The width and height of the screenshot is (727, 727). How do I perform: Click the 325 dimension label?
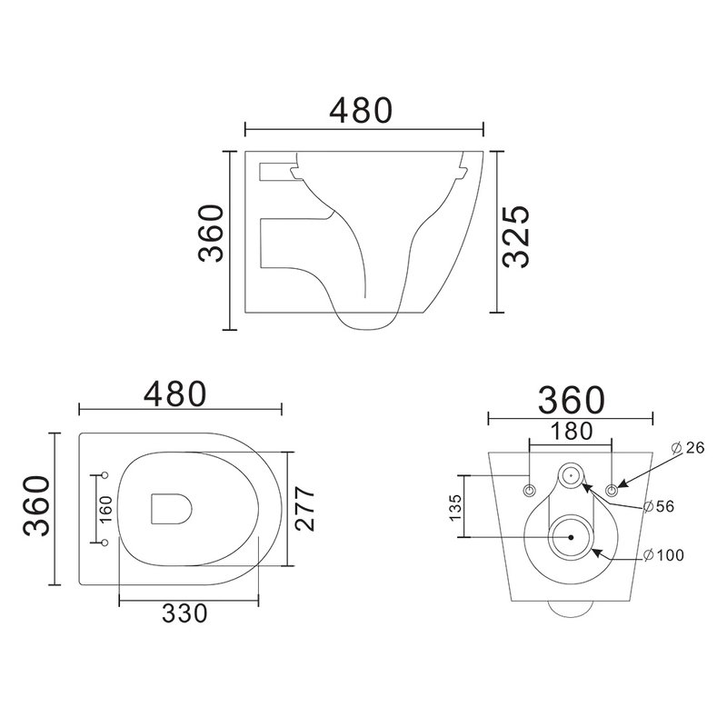(516, 236)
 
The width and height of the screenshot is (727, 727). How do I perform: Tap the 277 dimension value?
(305, 509)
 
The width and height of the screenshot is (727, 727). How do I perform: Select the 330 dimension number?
(184, 613)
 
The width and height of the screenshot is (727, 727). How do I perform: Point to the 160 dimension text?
(105, 509)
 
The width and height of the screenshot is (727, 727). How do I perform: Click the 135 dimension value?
(455, 508)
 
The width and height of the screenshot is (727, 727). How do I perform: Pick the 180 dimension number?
(572, 431)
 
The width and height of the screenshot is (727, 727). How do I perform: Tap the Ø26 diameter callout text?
(688, 448)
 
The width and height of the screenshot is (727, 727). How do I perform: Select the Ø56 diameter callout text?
(659, 506)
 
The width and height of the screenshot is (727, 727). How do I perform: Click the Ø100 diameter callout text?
(664, 555)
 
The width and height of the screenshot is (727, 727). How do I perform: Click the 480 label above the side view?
(361, 111)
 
